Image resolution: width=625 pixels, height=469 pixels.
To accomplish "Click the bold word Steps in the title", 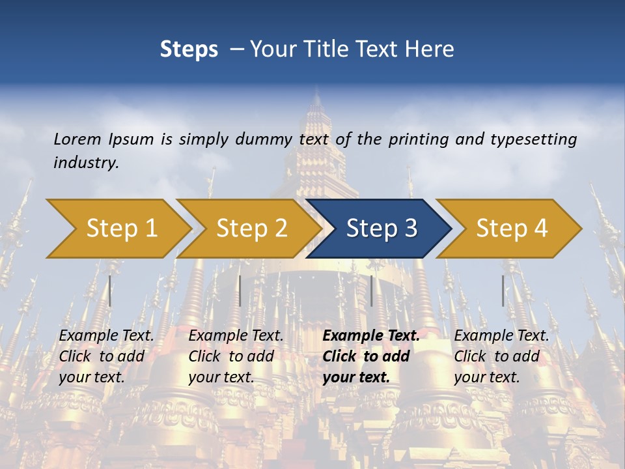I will [189, 49].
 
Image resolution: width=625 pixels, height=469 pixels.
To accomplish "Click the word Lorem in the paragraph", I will [77, 139].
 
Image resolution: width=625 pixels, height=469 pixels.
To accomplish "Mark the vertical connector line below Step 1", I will [110, 291].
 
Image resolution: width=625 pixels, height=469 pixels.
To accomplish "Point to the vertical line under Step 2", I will [240, 291].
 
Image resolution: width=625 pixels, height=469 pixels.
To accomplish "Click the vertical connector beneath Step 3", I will [372, 291].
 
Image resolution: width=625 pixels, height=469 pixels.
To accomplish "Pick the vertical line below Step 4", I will [503, 291].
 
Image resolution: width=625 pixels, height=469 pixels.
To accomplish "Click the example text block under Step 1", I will [106, 356].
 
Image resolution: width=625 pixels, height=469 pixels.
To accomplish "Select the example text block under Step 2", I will [236, 356].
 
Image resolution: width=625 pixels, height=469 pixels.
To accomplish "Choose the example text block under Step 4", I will [501, 356].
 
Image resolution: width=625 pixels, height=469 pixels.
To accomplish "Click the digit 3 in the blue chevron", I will [410, 228].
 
